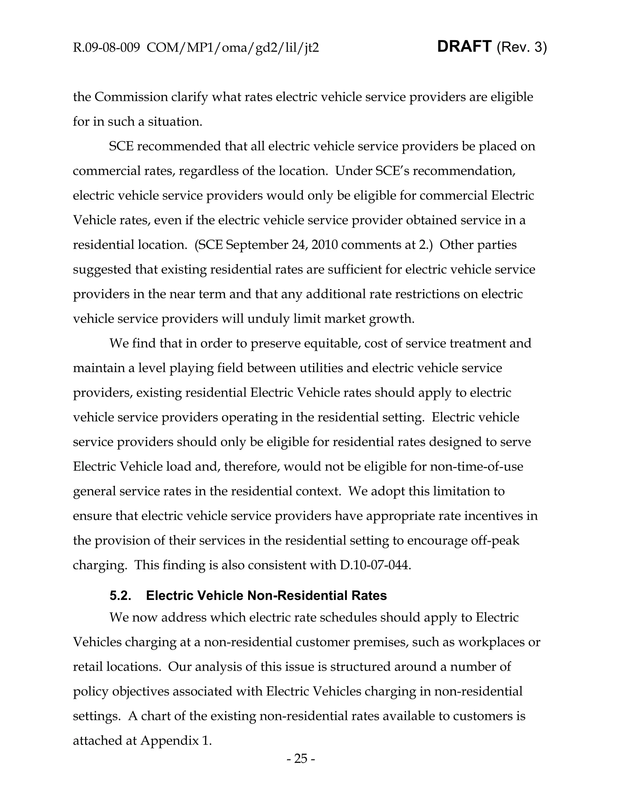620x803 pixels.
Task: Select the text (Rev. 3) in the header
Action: (x=521, y=48)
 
